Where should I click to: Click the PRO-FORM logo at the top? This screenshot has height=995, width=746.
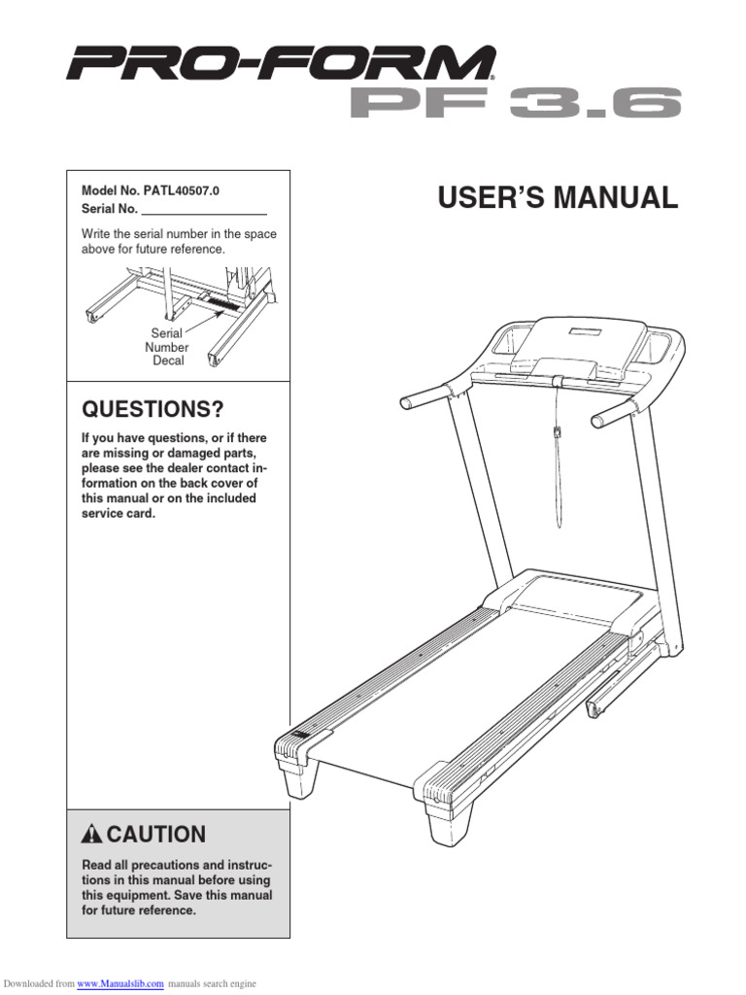(280, 65)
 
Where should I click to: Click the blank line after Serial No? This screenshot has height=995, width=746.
(204, 210)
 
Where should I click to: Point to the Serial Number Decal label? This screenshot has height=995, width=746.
(167, 347)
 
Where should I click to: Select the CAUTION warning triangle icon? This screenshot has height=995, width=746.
(92, 834)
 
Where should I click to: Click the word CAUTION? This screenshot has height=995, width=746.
(156, 834)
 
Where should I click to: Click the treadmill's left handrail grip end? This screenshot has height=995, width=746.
(409, 399)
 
